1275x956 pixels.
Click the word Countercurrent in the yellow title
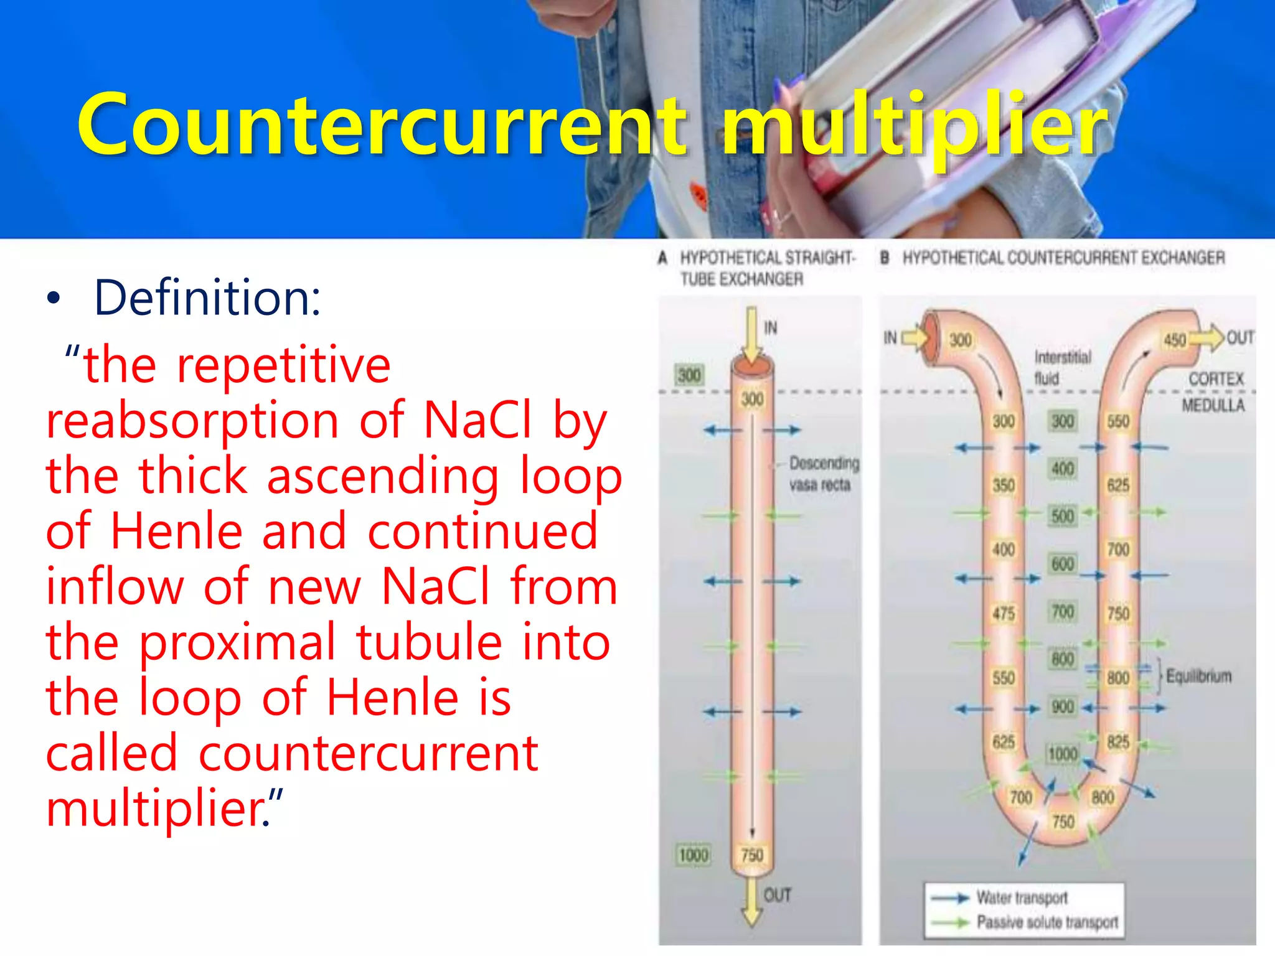(381, 124)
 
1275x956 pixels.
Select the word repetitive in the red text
(283, 366)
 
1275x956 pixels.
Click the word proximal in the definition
(237, 643)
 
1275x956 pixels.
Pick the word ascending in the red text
(383, 476)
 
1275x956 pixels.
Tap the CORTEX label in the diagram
(1216, 379)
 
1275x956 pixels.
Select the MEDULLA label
(1213, 406)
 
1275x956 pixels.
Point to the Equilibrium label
(1198, 676)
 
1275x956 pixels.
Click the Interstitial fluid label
(1062, 367)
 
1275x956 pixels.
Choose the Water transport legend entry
(1022, 897)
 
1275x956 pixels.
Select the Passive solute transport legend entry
(1047, 922)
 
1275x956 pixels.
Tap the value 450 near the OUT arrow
(1175, 340)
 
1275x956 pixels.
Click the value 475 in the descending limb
(1004, 614)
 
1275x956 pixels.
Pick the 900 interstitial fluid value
(1063, 707)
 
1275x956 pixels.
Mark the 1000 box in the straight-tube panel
(694, 855)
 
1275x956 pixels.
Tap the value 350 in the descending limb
(1004, 485)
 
